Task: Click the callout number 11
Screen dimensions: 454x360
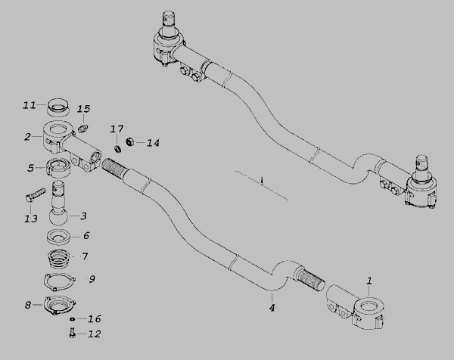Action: (x=30, y=105)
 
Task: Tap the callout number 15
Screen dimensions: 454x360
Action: (x=84, y=109)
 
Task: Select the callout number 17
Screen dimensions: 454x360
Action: (x=117, y=129)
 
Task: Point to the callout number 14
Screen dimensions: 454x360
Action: (x=153, y=143)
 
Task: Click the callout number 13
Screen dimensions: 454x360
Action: (x=31, y=219)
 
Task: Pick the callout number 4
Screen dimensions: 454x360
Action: (x=272, y=308)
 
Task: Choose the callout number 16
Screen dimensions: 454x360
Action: (x=95, y=319)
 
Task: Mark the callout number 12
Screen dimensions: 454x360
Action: (x=94, y=334)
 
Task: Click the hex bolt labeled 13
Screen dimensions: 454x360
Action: (x=36, y=195)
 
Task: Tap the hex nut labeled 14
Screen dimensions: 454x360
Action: (x=130, y=141)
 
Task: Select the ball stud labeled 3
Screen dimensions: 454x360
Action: (x=58, y=203)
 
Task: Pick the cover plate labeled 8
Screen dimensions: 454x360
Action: (x=59, y=306)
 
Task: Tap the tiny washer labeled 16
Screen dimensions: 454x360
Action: (x=73, y=318)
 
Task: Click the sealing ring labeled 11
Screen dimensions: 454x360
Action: (x=58, y=106)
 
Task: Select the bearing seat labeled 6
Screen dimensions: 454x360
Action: (x=58, y=237)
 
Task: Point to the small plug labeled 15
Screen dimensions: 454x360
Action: (x=83, y=129)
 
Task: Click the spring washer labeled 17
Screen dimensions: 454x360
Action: (x=117, y=149)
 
